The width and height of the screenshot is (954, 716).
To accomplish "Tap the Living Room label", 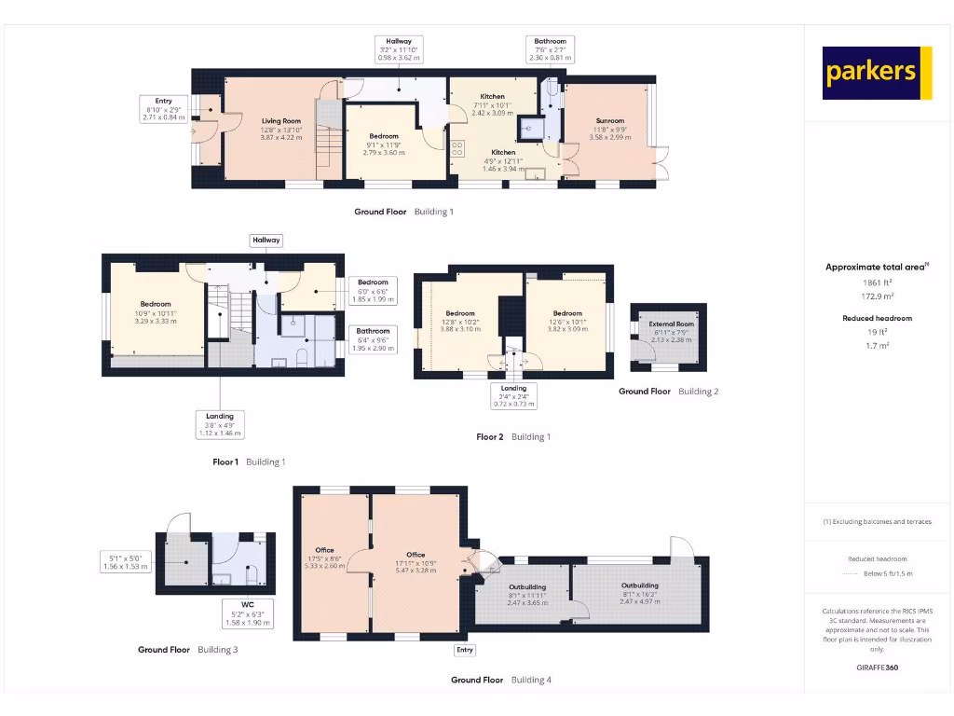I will coord(280,129).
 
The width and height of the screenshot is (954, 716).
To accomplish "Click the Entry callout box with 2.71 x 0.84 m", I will coord(164,109).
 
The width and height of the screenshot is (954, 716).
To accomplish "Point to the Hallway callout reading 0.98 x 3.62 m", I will coord(399,48).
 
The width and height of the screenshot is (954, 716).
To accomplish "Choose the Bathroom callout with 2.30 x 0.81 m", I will coord(549,48).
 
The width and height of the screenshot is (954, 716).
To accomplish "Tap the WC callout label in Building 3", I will coord(247,613).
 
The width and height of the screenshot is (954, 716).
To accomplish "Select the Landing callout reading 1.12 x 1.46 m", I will coord(220,424).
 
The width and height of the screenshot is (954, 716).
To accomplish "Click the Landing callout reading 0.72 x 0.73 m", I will coord(513,396).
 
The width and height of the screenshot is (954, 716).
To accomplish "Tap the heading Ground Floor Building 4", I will coord(501,680).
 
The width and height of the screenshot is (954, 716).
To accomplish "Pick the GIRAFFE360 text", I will coord(877,668).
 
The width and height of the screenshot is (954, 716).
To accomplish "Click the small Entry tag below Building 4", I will coord(464,650).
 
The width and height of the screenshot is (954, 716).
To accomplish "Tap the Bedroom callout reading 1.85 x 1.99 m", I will coord(373,290).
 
